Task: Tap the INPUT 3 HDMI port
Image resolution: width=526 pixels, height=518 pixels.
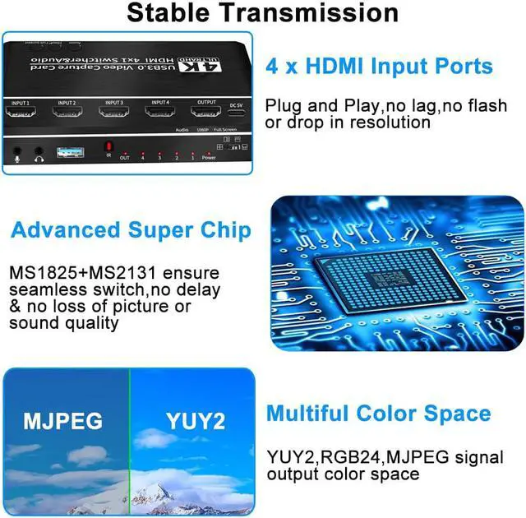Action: tap(113, 113)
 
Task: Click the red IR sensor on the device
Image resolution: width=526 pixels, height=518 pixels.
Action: tap(108, 147)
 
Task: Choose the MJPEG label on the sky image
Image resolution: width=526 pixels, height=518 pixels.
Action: tap(62, 422)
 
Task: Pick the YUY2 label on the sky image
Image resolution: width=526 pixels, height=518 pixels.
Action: tap(195, 422)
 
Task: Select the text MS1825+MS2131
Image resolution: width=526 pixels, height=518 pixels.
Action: tap(73, 272)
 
